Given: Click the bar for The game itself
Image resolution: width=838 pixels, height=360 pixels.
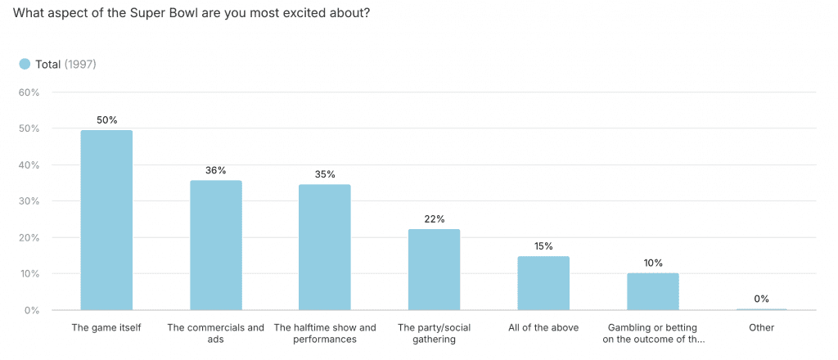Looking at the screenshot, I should click(106, 220).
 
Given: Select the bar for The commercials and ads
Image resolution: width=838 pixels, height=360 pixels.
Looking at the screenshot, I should click(216, 245).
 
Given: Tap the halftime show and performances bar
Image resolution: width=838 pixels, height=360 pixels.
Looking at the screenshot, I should click(325, 247).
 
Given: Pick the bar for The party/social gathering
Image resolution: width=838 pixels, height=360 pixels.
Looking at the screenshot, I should click(434, 269).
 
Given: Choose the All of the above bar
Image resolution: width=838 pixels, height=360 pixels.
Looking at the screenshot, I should click(543, 283).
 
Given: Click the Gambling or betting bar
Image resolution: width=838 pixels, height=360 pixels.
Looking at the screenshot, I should click(652, 291).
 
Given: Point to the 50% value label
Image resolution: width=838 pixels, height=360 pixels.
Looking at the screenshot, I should click(106, 120).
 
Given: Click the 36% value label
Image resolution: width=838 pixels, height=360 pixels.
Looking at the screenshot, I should click(216, 170).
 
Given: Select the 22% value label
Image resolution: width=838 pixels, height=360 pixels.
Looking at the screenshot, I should click(434, 218).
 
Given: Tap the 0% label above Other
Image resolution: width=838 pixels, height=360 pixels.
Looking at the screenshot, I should click(761, 299).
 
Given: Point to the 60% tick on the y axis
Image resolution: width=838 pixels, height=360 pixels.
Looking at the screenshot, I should click(29, 92).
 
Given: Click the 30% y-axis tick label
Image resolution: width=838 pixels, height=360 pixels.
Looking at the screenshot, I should click(29, 201).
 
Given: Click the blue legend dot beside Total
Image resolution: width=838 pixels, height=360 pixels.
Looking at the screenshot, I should click(25, 64).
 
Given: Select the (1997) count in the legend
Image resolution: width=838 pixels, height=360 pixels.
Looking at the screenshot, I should click(80, 64).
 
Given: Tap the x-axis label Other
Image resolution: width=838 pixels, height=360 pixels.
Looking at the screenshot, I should click(761, 328).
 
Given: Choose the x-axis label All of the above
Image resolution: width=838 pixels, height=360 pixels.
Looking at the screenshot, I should click(543, 328).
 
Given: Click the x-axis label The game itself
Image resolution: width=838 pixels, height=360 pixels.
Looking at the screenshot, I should click(106, 328).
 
